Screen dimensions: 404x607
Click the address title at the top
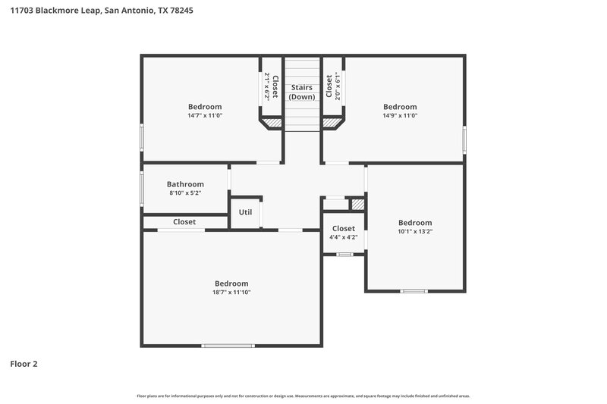pyautogui.click(x=96, y=11)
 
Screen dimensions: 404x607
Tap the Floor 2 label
pyautogui.click(x=24, y=364)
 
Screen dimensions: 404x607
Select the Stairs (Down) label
pyautogui.click(x=302, y=92)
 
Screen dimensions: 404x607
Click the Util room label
pyautogui.click(x=245, y=212)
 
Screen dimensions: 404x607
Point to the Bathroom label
pyautogui.click(x=185, y=184)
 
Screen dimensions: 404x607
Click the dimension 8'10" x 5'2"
pyautogui.click(x=185, y=193)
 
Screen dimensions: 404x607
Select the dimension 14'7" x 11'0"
pyautogui.click(x=205, y=116)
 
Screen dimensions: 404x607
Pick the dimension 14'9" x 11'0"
pyautogui.click(x=400, y=116)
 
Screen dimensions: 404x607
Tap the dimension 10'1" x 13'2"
pyautogui.click(x=415, y=232)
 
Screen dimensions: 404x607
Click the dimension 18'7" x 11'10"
pyautogui.click(x=231, y=293)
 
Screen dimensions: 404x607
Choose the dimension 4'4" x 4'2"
pyautogui.click(x=343, y=237)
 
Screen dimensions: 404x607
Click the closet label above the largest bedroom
pyautogui.click(x=184, y=222)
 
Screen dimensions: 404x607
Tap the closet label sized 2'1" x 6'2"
pyautogui.click(x=272, y=86)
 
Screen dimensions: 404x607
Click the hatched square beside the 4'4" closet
pyautogui.click(x=357, y=204)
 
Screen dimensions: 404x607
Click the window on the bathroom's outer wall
pyautogui.click(x=142, y=187)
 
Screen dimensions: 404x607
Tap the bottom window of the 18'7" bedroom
pyautogui.click(x=228, y=346)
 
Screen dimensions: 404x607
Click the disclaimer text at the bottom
pyautogui.click(x=303, y=396)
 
